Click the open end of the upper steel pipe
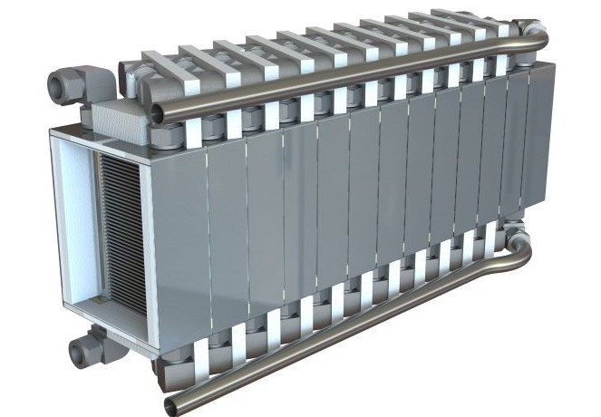pyautogui.click(x=158, y=113)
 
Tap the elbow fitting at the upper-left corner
pyautogui.click(x=68, y=86)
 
